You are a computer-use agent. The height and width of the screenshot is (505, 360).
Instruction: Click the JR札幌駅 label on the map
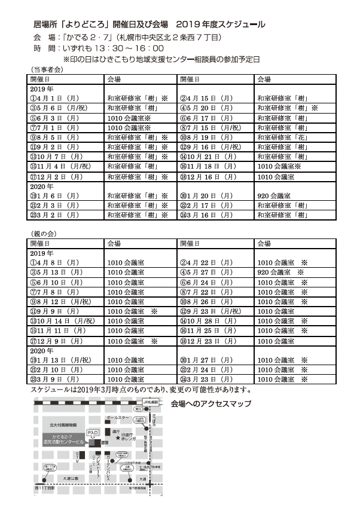click(x=151, y=402)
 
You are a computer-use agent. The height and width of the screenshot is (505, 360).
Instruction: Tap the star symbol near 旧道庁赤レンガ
click(x=117, y=437)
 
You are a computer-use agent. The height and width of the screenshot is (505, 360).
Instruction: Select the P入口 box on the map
click(x=93, y=431)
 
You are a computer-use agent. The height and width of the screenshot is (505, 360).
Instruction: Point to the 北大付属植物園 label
click(x=63, y=424)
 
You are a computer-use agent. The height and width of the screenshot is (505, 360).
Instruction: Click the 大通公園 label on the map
click(x=71, y=478)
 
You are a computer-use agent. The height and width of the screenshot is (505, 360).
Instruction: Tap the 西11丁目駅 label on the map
click(x=45, y=488)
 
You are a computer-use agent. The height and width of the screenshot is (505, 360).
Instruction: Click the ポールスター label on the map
click(x=118, y=418)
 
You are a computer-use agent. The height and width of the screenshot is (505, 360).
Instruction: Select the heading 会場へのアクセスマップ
click(x=210, y=403)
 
